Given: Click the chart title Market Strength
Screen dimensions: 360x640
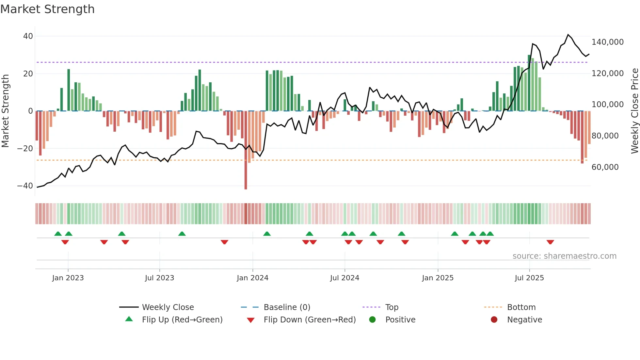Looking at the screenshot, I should (47, 9).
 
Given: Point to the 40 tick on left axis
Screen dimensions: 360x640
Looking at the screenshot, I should (28, 36).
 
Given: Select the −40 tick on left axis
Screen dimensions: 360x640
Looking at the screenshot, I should (25, 186).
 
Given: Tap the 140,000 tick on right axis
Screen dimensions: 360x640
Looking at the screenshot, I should (607, 42).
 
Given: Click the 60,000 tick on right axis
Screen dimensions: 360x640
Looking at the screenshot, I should (605, 167).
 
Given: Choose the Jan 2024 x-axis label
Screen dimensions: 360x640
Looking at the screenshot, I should (252, 278).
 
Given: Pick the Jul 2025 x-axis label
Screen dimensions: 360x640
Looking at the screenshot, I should (529, 278).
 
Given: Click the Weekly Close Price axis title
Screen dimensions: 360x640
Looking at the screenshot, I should (634, 111).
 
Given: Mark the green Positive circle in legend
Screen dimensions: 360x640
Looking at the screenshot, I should (372, 319).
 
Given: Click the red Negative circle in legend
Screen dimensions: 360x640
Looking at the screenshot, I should (494, 319).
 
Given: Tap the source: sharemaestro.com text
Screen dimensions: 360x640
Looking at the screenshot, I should (564, 256).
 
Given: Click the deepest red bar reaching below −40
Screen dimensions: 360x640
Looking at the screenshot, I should (246, 170).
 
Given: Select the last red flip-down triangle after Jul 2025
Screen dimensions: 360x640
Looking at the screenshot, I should (550, 242).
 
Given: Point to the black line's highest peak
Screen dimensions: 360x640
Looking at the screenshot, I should (568, 35).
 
